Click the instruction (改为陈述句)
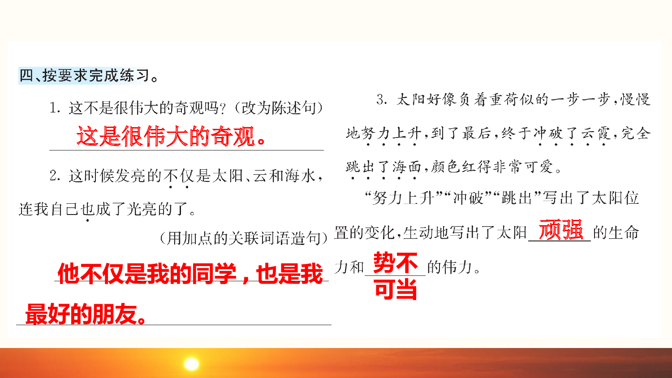pos(281,108)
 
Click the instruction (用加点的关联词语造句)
pos(244,238)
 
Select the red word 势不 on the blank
pos(395,262)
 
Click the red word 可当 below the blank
pos(395,289)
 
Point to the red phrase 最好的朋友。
pos(85,314)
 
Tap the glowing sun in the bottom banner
pos(192,364)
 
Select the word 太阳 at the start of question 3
pos(411,99)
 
